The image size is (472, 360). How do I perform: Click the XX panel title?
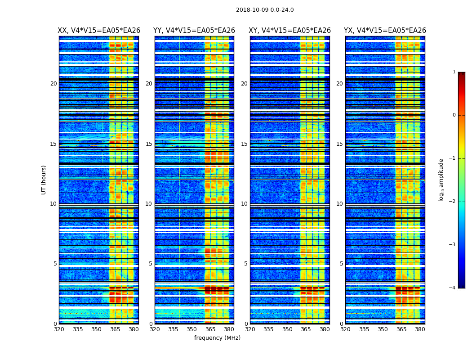click(99, 31)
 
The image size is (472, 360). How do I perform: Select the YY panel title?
click(194, 31)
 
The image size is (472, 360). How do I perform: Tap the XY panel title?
click(290, 31)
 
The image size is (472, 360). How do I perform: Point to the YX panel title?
click(385, 31)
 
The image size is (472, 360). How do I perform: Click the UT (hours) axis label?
click(44, 180)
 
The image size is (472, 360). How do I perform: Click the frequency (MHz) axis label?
click(217, 338)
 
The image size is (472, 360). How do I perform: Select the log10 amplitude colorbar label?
click(441, 180)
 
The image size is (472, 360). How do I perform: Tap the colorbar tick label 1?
click(454, 72)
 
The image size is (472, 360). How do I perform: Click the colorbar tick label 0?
click(454, 115)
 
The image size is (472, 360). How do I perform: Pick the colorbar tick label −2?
click(453, 202)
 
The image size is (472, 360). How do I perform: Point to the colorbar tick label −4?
click(453, 288)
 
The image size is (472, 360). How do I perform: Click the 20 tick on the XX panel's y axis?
click(53, 84)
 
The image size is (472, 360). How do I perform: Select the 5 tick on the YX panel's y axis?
click(342, 264)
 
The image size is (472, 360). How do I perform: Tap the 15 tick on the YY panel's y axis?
click(149, 144)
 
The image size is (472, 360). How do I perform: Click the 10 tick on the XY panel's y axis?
click(244, 204)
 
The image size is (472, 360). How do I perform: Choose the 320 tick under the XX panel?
click(59, 329)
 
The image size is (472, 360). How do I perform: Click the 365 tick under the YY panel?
click(210, 329)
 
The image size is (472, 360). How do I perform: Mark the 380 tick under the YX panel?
click(420, 329)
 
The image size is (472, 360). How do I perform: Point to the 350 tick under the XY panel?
click(287, 329)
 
